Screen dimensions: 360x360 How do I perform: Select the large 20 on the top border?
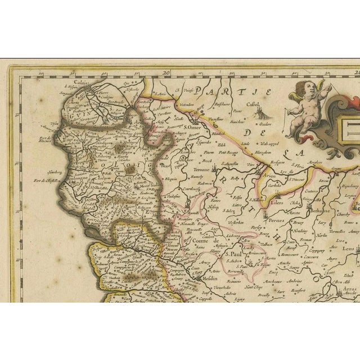[x=165, y=71]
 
